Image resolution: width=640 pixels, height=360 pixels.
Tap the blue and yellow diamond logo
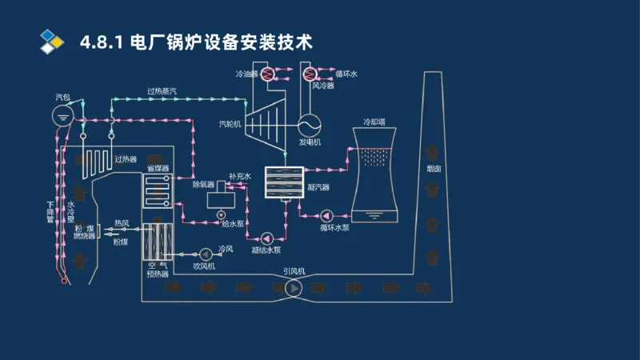[x=51, y=41]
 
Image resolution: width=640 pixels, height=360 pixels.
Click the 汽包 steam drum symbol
[x=62, y=115]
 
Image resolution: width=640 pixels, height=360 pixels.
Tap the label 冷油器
[x=246, y=74]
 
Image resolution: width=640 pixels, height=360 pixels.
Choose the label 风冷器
[x=322, y=85]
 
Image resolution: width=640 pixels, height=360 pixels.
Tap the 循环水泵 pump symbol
[x=328, y=215]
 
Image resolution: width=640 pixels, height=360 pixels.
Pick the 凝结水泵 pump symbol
[x=266, y=238]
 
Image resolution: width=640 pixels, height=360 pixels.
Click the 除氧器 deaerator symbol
[x=218, y=198]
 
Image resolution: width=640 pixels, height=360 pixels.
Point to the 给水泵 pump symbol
[x=221, y=214]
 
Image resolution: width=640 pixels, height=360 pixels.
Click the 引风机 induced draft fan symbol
[x=294, y=287]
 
